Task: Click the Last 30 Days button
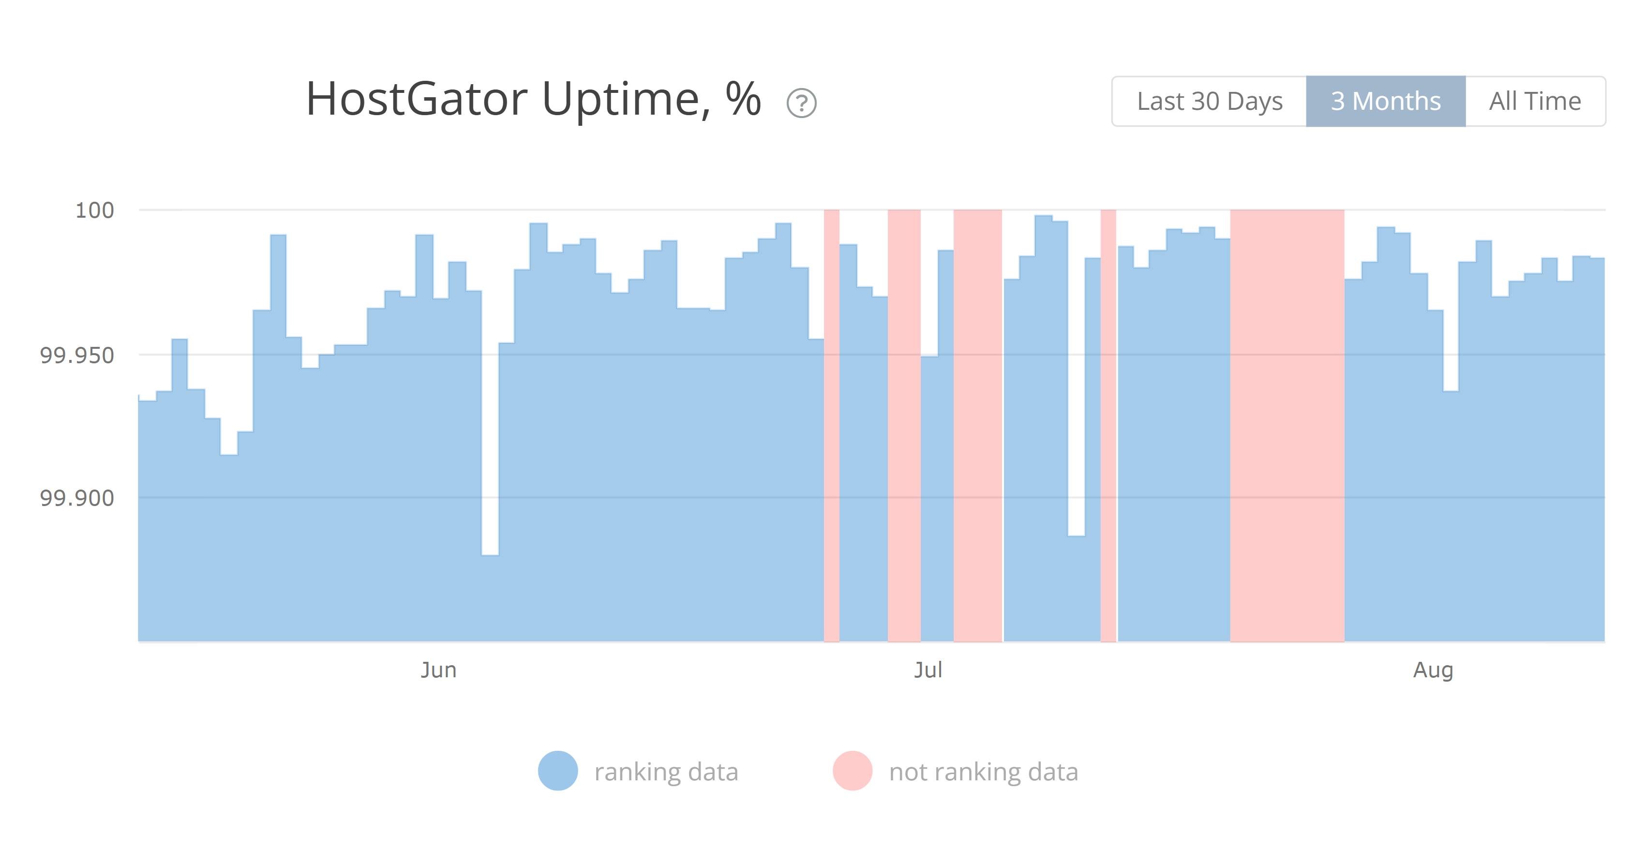(1209, 101)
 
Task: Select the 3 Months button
(1385, 101)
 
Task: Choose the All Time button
(1534, 101)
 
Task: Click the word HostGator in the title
(417, 99)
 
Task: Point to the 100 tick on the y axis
(95, 210)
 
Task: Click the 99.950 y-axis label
(77, 355)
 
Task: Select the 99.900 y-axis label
(77, 498)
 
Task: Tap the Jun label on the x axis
(438, 670)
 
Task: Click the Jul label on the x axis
(928, 670)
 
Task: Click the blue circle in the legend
(557, 771)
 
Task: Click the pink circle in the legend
(852, 771)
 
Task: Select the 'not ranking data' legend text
(983, 772)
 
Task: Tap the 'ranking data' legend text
(666, 772)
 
